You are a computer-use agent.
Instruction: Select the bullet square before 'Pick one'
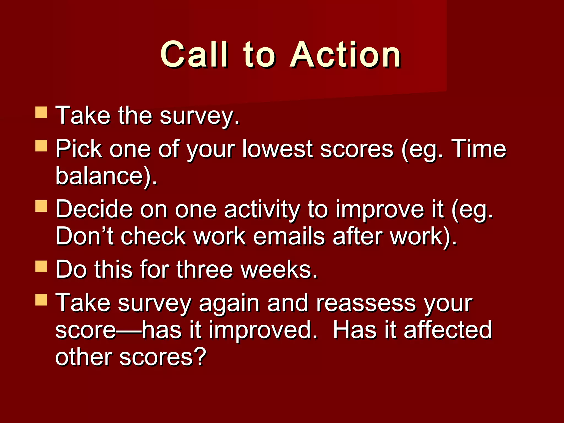[41, 145]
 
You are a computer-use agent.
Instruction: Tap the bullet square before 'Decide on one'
[41, 206]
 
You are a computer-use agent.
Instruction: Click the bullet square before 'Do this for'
[41, 266]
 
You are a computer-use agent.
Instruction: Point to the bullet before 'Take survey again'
[41, 300]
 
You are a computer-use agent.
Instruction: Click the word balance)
[106, 176]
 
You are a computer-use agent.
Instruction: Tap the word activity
[261, 210]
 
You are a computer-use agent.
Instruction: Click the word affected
[448, 330]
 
